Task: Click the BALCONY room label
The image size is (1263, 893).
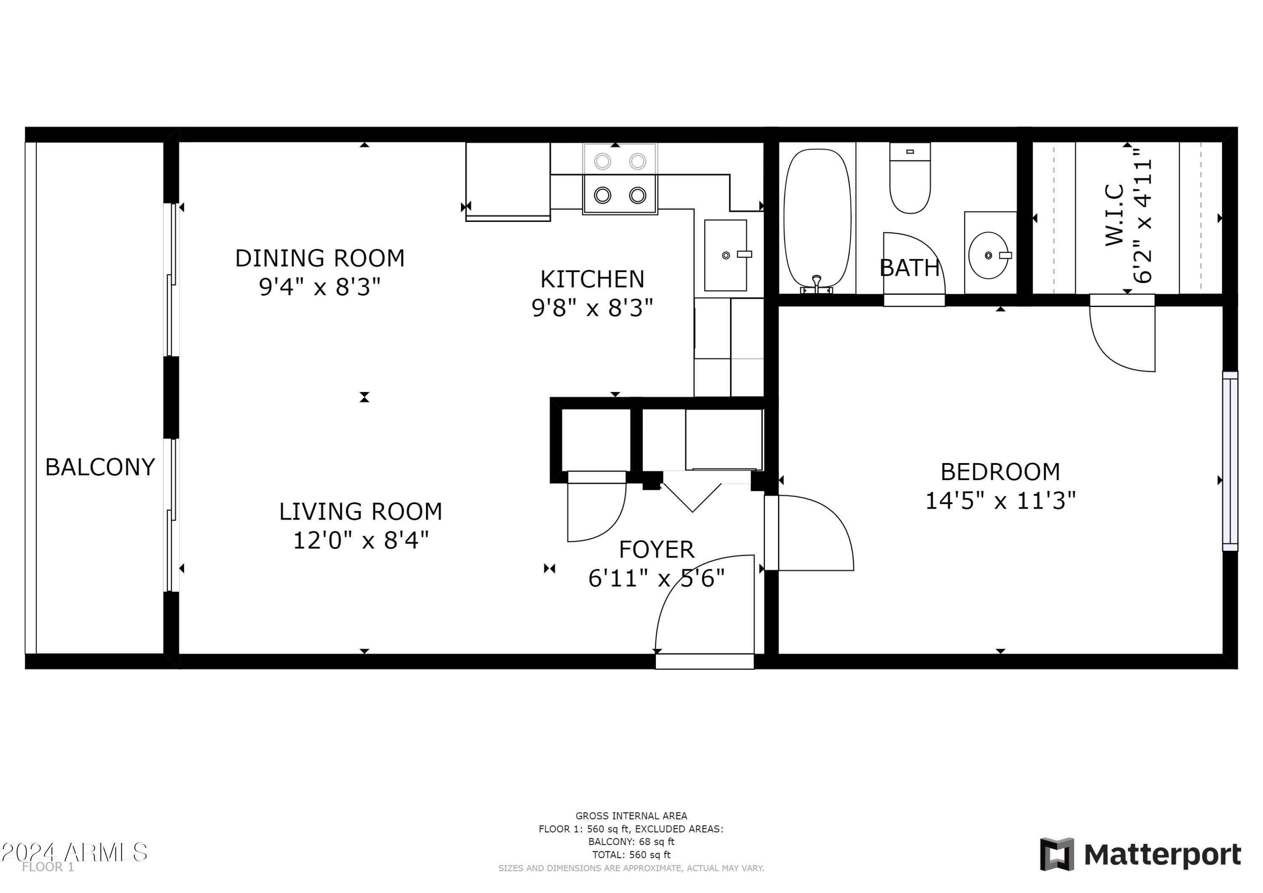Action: [100, 467]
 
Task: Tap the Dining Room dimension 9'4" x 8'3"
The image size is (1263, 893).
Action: [320, 287]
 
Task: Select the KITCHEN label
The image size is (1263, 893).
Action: [592, 280]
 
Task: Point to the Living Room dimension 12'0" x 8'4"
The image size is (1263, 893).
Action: [361, 540]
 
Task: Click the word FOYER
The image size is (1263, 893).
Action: [656, 549]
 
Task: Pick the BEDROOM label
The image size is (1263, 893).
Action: [1000, 472]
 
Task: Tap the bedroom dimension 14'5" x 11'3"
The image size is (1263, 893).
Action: [1000, 501]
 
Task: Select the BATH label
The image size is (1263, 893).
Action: [909, 268]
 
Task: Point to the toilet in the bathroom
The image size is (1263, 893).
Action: [910, 178]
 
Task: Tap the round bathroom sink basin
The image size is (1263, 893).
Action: [989, 255]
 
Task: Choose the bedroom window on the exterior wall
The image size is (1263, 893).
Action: [1230, 461]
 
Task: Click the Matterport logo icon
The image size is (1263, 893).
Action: [1057, 854]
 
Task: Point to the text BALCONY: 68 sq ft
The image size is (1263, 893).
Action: [631, 841]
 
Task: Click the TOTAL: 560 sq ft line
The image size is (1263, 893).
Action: [631, 855]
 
